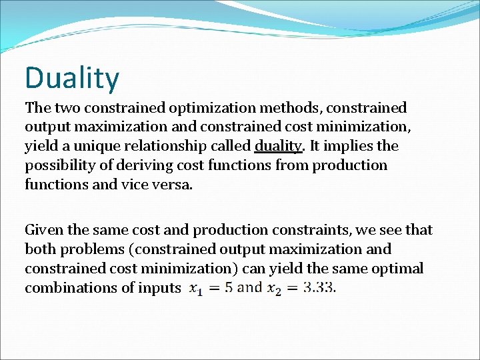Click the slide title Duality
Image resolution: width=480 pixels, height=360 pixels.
coord(72,77)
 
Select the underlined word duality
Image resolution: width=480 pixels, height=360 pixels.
coord(277,146)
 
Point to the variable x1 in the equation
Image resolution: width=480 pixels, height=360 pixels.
coord(197,289)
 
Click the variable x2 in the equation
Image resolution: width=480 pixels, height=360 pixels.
coord(274,289)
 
